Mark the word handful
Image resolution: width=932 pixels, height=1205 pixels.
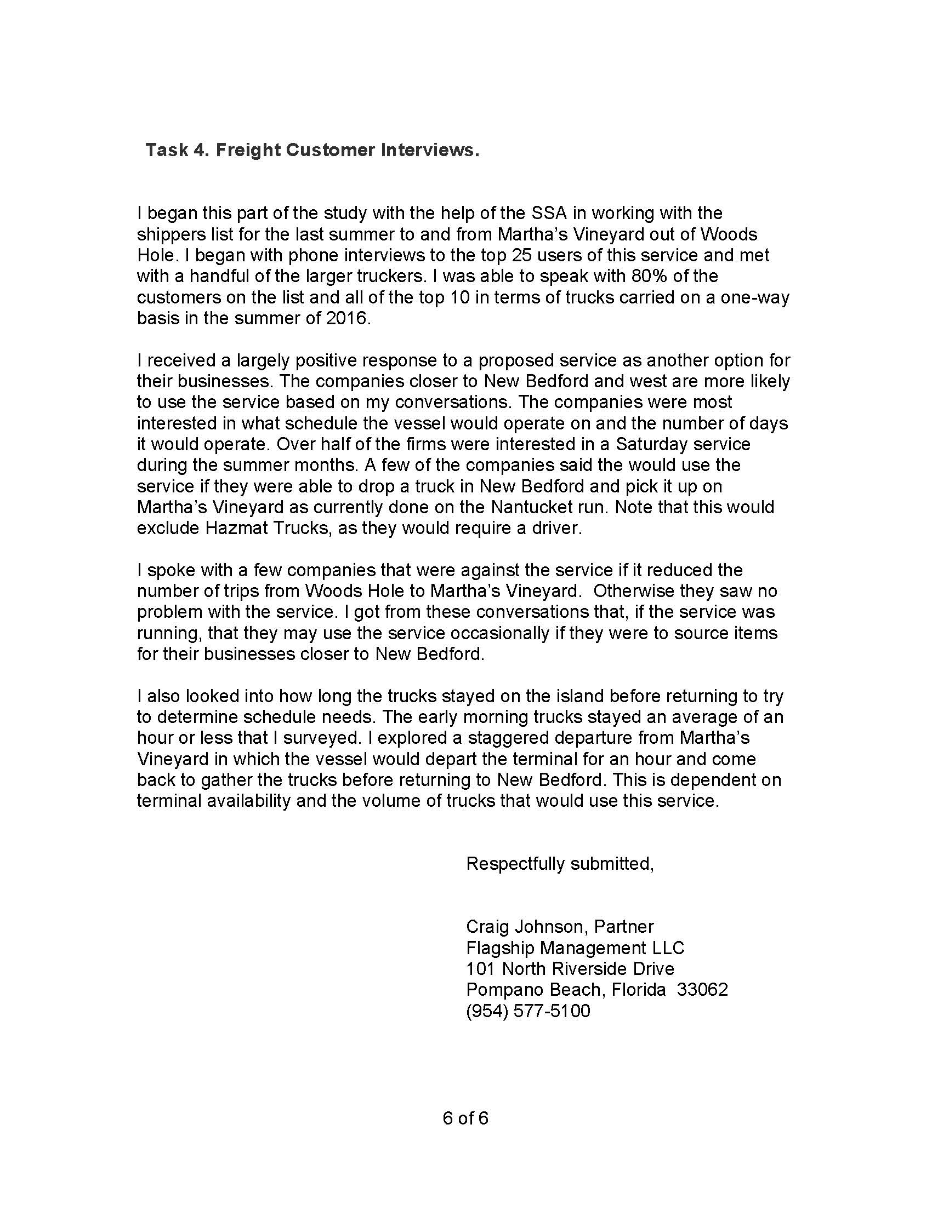[212, 277]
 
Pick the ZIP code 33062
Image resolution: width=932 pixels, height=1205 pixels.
[702, 989]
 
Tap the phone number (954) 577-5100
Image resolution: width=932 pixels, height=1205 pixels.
[528, 1010]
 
